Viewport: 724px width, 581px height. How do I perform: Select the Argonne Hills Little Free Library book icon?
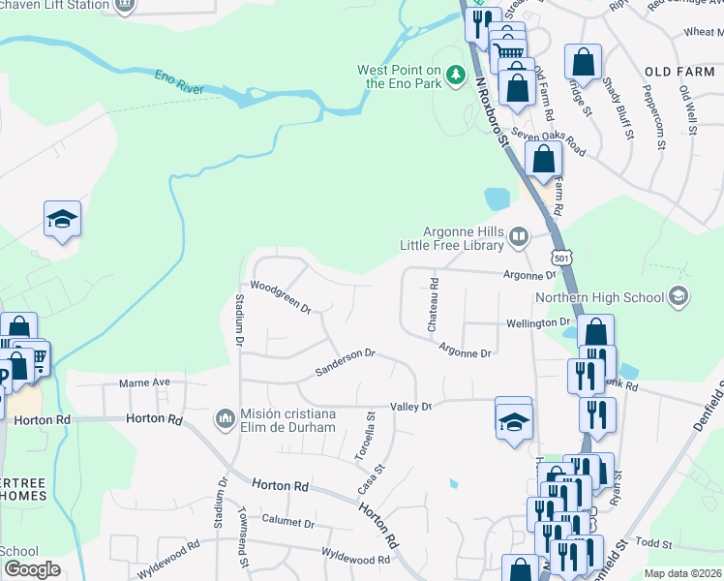coord(519,237)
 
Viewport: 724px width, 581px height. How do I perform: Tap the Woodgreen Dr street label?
coord(280,297)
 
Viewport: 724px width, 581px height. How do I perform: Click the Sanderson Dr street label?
coord(345,364)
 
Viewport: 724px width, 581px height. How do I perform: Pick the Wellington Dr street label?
coord(538,321)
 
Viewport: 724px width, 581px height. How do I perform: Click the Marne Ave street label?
coord(144,382)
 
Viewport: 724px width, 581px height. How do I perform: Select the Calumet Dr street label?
coord(287,523)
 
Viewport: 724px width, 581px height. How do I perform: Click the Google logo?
coord(32,569)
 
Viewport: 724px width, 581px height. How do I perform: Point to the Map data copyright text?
coord(681,573)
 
